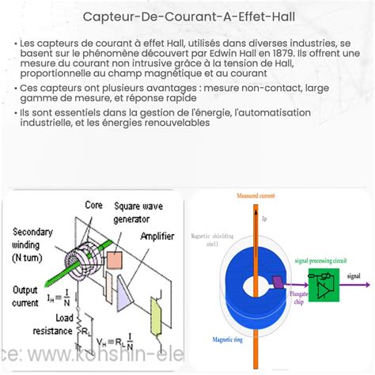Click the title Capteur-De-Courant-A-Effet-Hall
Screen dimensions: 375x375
point(187,17)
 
